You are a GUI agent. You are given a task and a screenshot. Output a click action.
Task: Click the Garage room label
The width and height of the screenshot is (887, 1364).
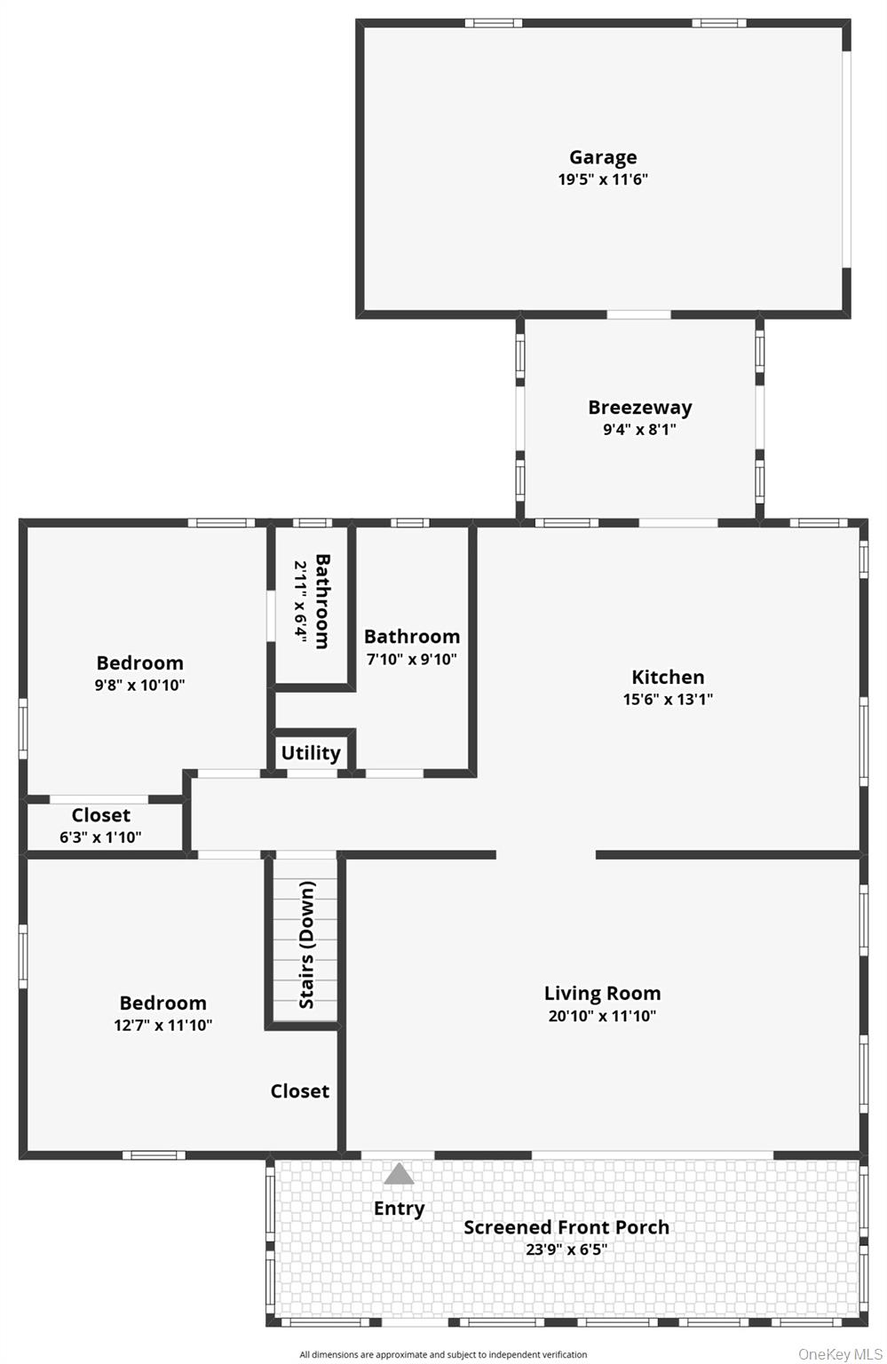click(603, 157)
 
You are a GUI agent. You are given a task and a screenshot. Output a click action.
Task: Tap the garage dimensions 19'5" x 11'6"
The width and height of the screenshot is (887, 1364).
click(603, 179)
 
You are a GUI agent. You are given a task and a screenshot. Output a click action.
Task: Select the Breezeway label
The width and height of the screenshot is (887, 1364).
click(639, 408)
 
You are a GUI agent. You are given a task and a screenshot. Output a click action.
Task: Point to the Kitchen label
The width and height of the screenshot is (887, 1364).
click(667, 677)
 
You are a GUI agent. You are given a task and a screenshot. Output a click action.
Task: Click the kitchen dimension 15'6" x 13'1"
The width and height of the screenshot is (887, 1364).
click(667, 699)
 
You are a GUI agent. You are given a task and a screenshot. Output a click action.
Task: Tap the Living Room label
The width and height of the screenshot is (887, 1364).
click(602, 993)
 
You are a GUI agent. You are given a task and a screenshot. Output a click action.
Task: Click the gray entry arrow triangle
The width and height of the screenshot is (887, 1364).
click(399, 1173)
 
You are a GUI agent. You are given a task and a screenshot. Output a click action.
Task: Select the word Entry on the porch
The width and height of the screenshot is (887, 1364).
click(399, 1209)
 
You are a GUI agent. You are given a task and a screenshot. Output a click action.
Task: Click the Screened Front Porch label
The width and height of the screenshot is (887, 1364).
click(566, 1227)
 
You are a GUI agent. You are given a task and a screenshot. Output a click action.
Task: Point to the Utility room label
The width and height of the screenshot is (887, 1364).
click(311, 753)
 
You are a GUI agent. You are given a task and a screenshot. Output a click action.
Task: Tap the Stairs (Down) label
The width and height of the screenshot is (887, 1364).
click(307, 945)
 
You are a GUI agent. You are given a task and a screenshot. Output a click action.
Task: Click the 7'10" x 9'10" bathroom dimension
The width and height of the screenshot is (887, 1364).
click(412, 659)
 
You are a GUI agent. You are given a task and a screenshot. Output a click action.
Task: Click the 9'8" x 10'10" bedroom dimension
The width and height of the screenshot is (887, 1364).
click(139, 685)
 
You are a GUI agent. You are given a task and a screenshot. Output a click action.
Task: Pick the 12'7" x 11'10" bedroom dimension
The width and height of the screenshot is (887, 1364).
click(162, 1026)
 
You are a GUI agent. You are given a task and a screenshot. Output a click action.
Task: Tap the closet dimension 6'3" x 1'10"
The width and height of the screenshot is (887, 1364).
click(100, 837)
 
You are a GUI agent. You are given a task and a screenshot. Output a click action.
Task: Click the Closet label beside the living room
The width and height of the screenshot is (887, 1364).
click(299, 1091)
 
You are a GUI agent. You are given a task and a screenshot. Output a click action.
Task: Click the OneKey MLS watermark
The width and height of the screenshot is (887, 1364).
click(840, 1354)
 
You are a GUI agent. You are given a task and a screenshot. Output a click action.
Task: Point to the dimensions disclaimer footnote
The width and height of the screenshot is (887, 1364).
click(443, 1355)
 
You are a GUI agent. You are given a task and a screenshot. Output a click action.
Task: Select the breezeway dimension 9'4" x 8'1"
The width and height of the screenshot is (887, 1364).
click(639, 429)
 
